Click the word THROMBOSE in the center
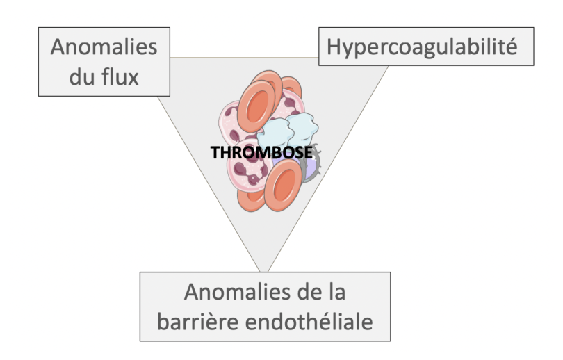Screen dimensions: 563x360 (261, 152)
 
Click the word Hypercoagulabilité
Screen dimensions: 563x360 (422, 47)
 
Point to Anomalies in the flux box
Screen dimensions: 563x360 (104, 47)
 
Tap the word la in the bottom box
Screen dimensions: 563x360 (337, 291)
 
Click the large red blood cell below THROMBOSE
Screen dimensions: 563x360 (283, 186)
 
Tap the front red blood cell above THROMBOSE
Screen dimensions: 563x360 (256, 106)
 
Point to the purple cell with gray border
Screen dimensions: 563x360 (309, 169)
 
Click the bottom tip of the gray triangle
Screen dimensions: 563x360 (263, 271)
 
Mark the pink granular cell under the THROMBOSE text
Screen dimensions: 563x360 (248, 171)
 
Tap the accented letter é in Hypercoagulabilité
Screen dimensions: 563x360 (510, 47)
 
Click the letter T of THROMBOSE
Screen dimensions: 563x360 (215, 152)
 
